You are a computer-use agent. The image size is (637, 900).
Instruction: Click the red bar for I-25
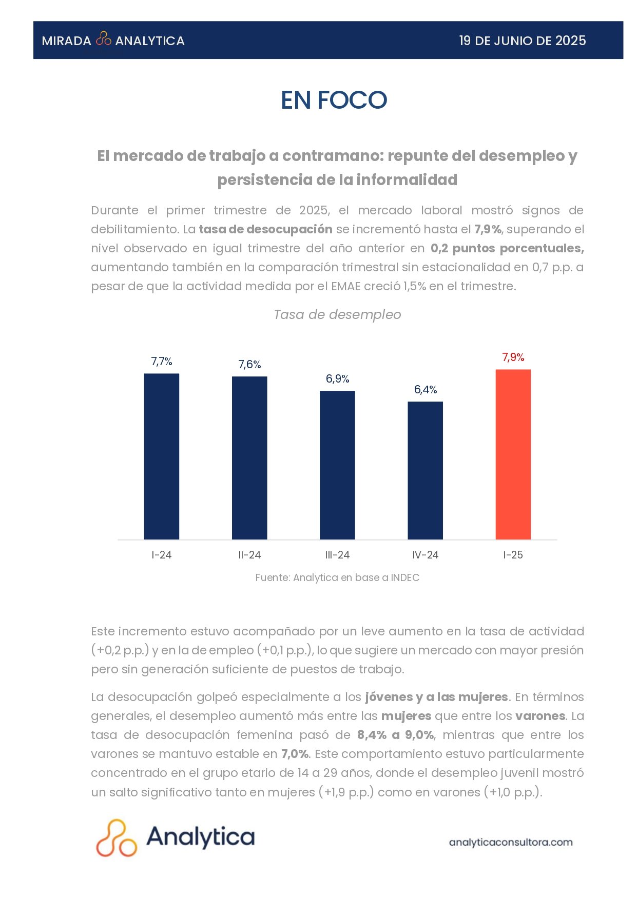coord(513,454)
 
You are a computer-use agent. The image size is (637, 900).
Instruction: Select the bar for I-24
coord(161,456)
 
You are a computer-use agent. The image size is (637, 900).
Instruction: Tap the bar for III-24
coord(337,465)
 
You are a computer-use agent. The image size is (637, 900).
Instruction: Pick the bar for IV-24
coord(425,470)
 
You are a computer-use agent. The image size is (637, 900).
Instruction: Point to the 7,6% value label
coord(249,365)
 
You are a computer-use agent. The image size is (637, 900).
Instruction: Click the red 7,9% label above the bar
coord(513,357)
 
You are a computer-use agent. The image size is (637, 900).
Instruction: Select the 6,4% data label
coord(425,390)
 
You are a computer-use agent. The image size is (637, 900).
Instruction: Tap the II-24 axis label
coord(249,555)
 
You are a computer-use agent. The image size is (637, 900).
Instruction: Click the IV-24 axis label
coord(425,555)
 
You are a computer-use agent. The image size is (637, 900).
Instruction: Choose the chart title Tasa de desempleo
coord(337,314)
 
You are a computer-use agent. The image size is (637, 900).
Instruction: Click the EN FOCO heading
coord(334,100)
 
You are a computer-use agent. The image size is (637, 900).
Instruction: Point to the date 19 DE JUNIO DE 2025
coord(522,41)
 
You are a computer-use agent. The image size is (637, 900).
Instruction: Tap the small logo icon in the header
coord(104,39)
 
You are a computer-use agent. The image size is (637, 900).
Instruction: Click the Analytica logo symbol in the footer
coord(117,838)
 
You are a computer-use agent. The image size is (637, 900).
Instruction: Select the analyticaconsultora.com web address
coord(511,842)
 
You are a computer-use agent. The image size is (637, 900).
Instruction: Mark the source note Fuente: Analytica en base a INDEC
coord(337,577)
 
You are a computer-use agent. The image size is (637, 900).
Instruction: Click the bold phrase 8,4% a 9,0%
coord(396,735)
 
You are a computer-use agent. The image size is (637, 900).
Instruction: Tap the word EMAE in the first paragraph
coord(345,286)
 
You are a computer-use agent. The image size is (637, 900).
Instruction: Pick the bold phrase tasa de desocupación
coord(265,229)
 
